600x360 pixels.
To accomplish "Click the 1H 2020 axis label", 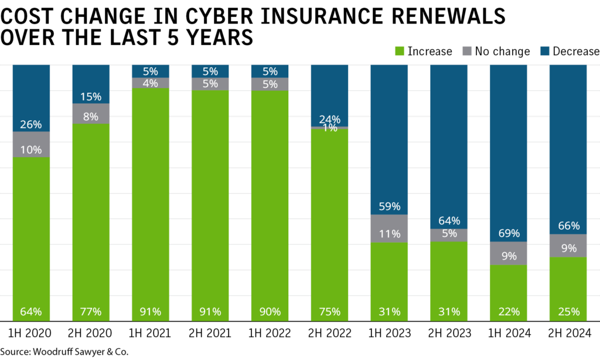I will coord(31,334).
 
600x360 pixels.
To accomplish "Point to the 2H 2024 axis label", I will coord(568,334).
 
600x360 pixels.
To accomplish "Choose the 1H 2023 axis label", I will coord(389,334).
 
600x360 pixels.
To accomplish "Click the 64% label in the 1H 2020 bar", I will coord(31,311).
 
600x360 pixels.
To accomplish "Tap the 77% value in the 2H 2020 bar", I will coord(91,311).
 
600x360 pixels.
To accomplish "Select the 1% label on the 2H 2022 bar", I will coord(329,128).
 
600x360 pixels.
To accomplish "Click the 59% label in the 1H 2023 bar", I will coord(389,206).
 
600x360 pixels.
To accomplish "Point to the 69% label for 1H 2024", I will coord(509,233).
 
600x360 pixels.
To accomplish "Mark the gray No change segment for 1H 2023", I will coord(389,228).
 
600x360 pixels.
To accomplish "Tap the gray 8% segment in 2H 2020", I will coord(91,114).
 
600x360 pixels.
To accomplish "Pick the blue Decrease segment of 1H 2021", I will coord(151,71).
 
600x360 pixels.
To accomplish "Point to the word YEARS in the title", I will coord(216,37).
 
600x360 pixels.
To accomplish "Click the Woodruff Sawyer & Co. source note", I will coord(64,352).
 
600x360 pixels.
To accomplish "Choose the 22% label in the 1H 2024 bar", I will coord(509,311).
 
